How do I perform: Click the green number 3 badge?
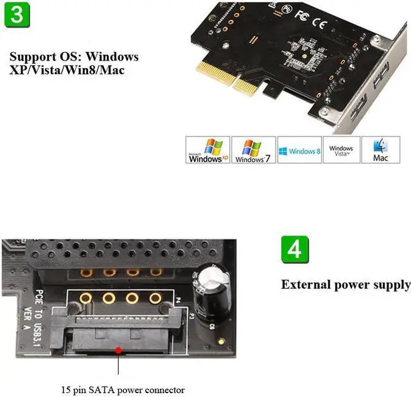pos(19,14)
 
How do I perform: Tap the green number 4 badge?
pos(295,249)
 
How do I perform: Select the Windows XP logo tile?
pos(207,150)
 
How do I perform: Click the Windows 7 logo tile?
pos(253,150)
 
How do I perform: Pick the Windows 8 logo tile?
pos(299,150)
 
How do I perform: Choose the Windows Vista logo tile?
pos(341,150)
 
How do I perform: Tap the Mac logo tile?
pos(381,150)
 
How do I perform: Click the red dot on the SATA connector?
pos(118,351)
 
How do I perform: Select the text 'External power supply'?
pos(345,285)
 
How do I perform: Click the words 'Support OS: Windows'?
pos(74,57)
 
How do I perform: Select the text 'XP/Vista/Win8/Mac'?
pos(67,69)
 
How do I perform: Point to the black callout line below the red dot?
pos(118,367)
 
